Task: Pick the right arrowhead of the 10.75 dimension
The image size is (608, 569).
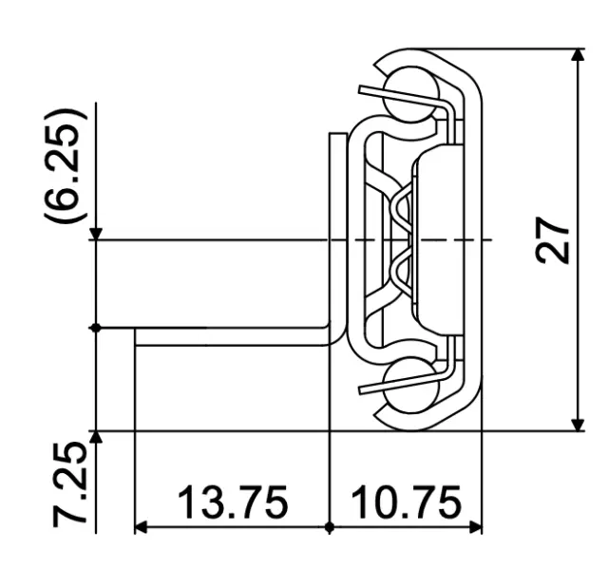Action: (474, 525)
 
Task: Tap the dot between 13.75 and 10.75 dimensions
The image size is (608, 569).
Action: (329, 525)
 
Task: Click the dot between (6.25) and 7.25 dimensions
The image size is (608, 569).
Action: (96, 328)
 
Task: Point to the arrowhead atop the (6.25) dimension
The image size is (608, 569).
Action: (96, 233)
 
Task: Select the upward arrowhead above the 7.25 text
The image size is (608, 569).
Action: (96, 439)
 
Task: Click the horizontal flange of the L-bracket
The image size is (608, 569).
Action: (228, 336)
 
